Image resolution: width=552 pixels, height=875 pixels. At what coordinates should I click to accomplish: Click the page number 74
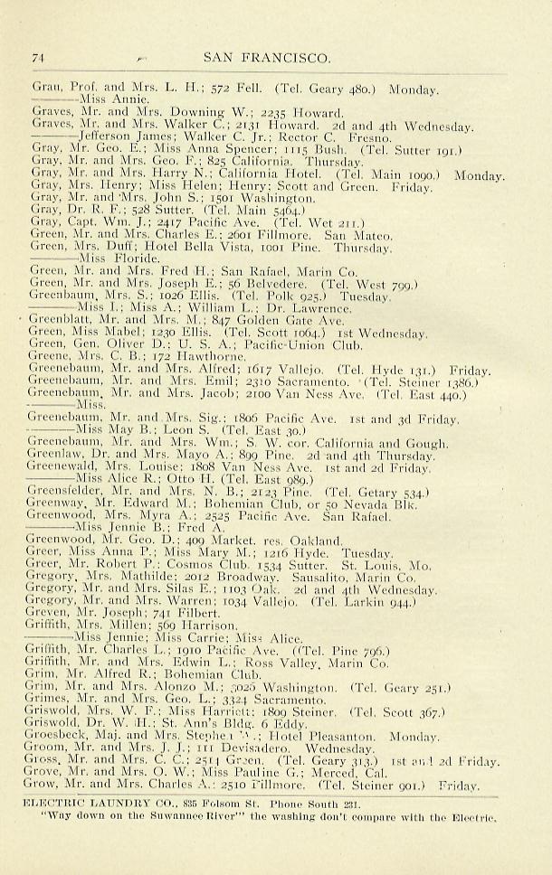click(38, 58)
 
